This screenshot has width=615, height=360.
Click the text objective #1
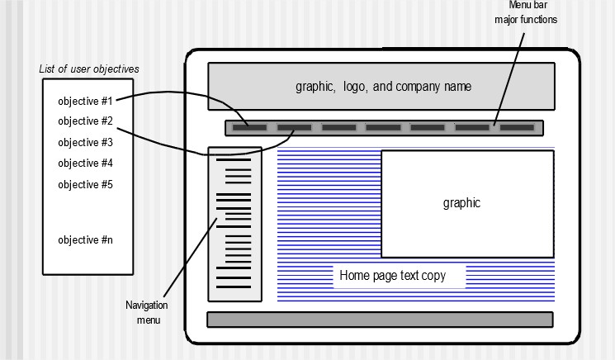click(x=85, y=101)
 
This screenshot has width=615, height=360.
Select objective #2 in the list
click(x=85, y=121)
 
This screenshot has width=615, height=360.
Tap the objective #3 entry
click(x=85, y=142)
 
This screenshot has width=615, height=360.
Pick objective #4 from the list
click(x=85, y=163)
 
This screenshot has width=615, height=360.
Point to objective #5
click(x=85, y=184)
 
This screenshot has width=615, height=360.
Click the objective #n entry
click(x=85, y=240)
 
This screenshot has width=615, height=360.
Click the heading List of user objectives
click(x=89, y=69)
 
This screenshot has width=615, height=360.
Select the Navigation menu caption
click(x=146, y=312)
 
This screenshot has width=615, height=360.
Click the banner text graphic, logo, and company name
click(x=384, y=86)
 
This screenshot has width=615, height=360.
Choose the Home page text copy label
click(x=392, y=276)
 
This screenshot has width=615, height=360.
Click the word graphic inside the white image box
click(x=461, y=203)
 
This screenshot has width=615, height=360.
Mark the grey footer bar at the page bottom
click(x=379, y=320)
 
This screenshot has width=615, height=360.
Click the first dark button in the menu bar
click(x=249, y=128)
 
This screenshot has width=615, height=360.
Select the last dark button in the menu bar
click(x=517, y=128)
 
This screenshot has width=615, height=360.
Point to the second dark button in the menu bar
click(x=294, y=128)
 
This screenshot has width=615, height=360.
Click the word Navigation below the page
click(x=146, y=306)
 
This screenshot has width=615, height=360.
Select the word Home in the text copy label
click(x=353, y=276)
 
